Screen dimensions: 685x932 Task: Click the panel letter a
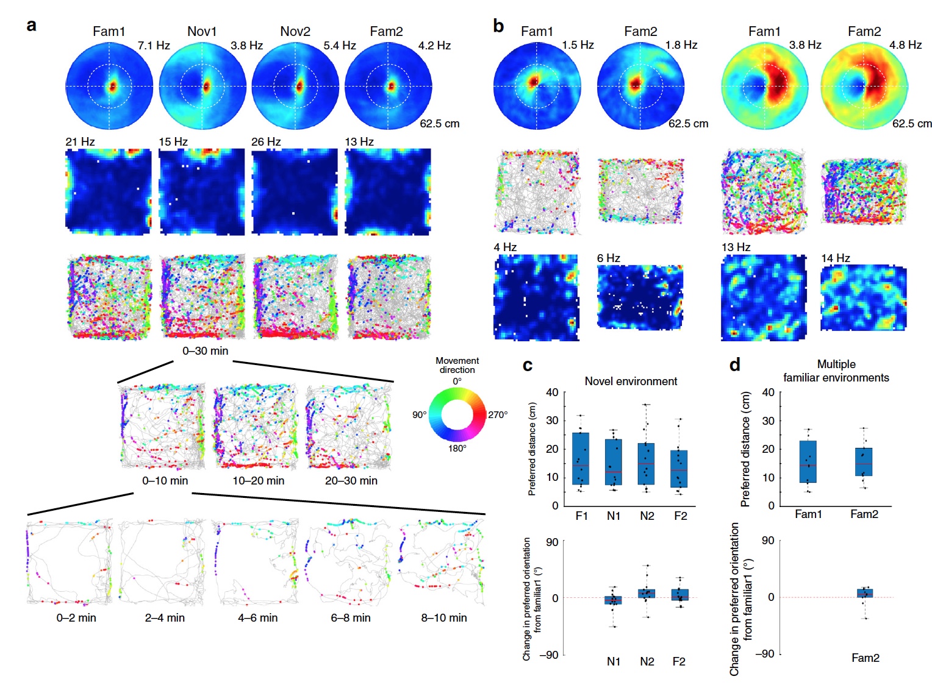32,26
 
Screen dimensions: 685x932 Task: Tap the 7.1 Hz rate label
154,46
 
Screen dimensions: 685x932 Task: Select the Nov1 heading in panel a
202,31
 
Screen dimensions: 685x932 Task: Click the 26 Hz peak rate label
266,142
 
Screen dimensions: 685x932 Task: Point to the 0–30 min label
205,351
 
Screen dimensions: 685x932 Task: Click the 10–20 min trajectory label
258,481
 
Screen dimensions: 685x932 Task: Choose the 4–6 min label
257,618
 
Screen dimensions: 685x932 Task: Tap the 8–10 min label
443,618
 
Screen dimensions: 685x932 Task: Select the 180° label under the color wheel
457,449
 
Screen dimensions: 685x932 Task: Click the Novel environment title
631,382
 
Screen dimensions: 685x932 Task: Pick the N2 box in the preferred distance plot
647,464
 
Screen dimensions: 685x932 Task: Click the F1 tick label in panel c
581,516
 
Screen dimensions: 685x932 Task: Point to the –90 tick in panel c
550,655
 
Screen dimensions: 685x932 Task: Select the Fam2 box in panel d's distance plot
864,462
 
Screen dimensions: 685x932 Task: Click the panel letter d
735,365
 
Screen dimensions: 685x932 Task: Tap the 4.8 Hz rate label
905,45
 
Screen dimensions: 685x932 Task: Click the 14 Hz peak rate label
835,258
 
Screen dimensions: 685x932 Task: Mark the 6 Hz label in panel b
608,258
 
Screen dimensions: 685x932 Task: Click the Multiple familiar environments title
836,371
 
